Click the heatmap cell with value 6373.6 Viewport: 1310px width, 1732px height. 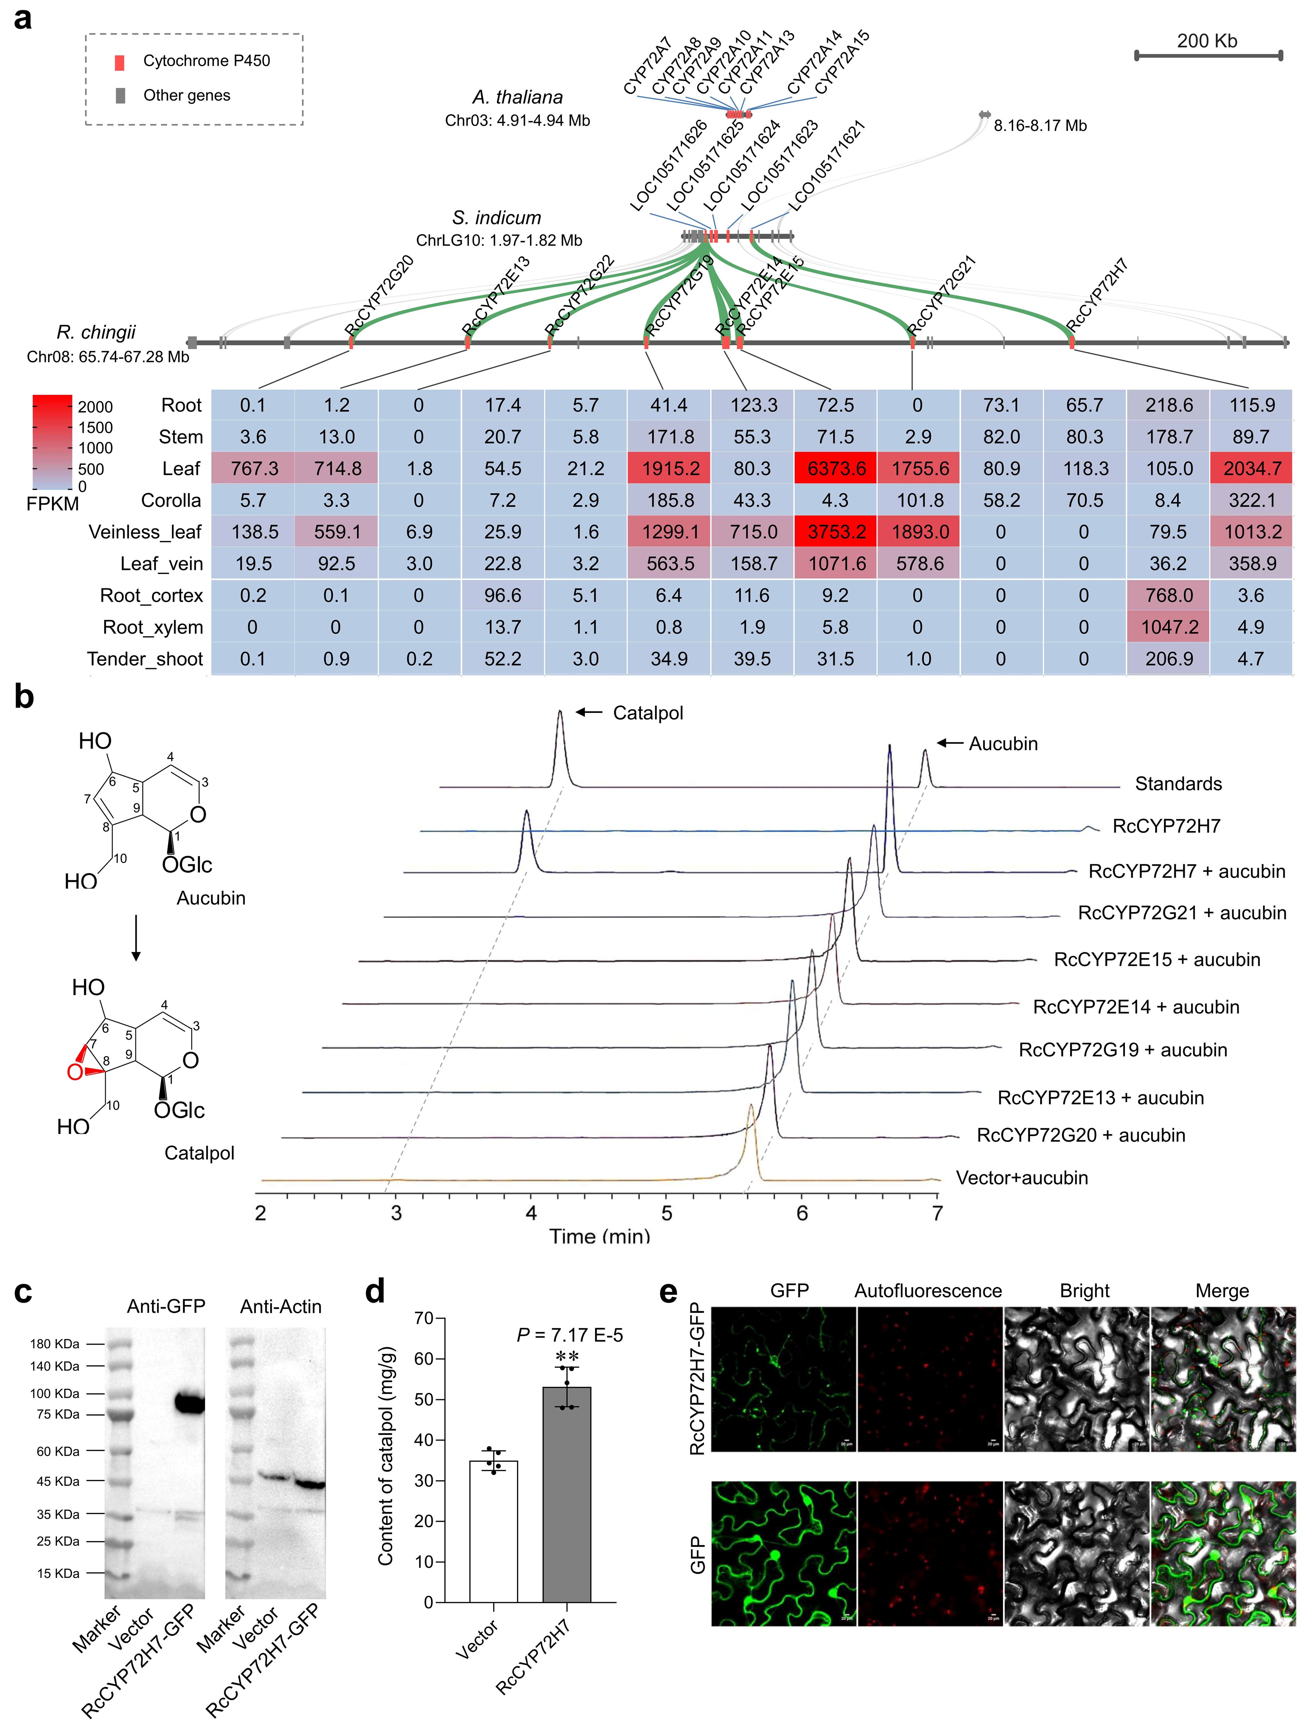coord(835,468)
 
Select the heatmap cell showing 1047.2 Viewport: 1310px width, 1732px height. coord(1168,627)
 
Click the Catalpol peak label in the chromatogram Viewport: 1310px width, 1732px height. coord(648,712)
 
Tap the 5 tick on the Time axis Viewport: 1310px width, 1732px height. coord(666,1213)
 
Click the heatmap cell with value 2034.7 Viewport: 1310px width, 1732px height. coord(1251,468)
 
